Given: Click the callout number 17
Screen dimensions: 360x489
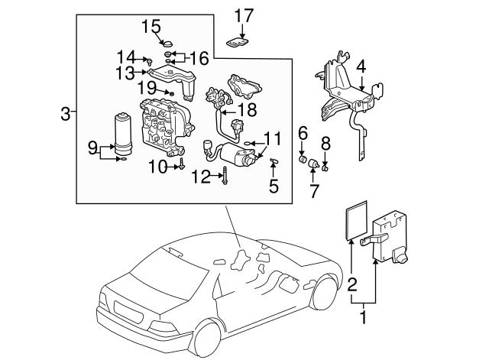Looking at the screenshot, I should point(243,15).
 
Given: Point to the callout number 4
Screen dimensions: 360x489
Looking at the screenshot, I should point(361,66).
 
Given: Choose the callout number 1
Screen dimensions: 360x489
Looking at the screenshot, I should point(364,314).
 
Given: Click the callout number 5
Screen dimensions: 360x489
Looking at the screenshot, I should point(274,185).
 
